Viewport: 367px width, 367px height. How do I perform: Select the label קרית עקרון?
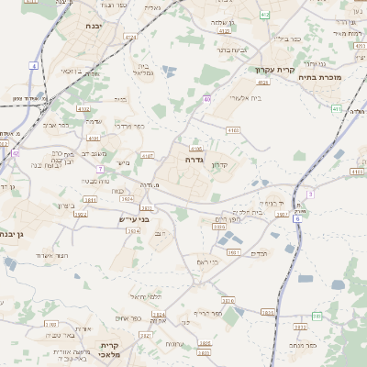273,70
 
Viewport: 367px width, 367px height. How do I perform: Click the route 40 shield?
207,99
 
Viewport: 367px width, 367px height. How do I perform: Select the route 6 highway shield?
296,219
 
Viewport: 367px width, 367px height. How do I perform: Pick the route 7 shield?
99,169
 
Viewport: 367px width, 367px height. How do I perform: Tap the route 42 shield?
16,154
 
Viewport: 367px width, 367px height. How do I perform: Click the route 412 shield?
265,15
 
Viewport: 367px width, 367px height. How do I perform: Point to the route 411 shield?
337,109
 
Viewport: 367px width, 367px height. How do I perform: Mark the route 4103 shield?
232,130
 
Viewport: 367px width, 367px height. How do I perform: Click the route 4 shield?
34,66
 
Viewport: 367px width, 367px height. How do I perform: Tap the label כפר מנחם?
301,345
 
